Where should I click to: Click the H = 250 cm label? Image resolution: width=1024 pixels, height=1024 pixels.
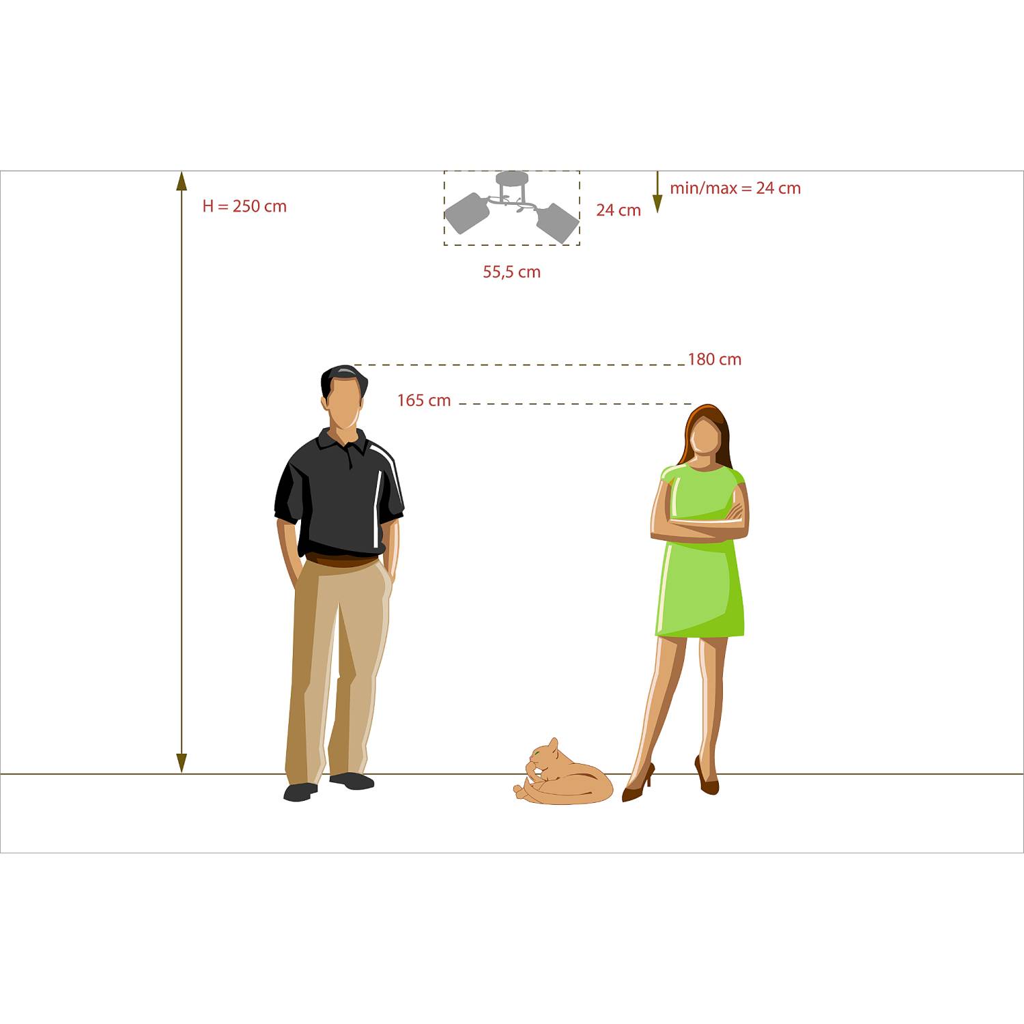click(x=244, y=206)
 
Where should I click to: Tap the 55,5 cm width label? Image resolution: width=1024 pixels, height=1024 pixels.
click(x=512, y=272)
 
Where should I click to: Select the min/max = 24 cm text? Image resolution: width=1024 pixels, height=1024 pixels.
click(x=735, y=188)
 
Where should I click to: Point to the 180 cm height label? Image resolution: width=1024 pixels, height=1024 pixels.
click(x=714, y=359)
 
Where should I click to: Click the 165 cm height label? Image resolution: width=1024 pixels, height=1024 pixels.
click(x=424, y=400)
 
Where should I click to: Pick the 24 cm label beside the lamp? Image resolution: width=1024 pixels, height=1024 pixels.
click(x=618, y=210)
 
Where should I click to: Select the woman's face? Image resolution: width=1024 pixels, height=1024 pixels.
click(x=706, y=437)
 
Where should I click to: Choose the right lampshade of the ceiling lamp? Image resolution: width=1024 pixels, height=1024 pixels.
click(x=558, y=223)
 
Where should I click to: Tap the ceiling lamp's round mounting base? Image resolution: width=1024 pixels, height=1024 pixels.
click(x=512, y=178)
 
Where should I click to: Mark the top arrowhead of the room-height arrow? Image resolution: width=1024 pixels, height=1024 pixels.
click(x=182, y=180)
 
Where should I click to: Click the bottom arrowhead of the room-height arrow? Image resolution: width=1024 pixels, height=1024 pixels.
click(x=182, y=763)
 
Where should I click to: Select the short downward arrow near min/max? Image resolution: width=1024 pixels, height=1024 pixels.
click(x=657, y=192)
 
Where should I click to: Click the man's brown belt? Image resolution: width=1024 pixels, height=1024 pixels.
click(x=341, y=561)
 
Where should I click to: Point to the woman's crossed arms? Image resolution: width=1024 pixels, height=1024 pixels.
click(x=700, y=524)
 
